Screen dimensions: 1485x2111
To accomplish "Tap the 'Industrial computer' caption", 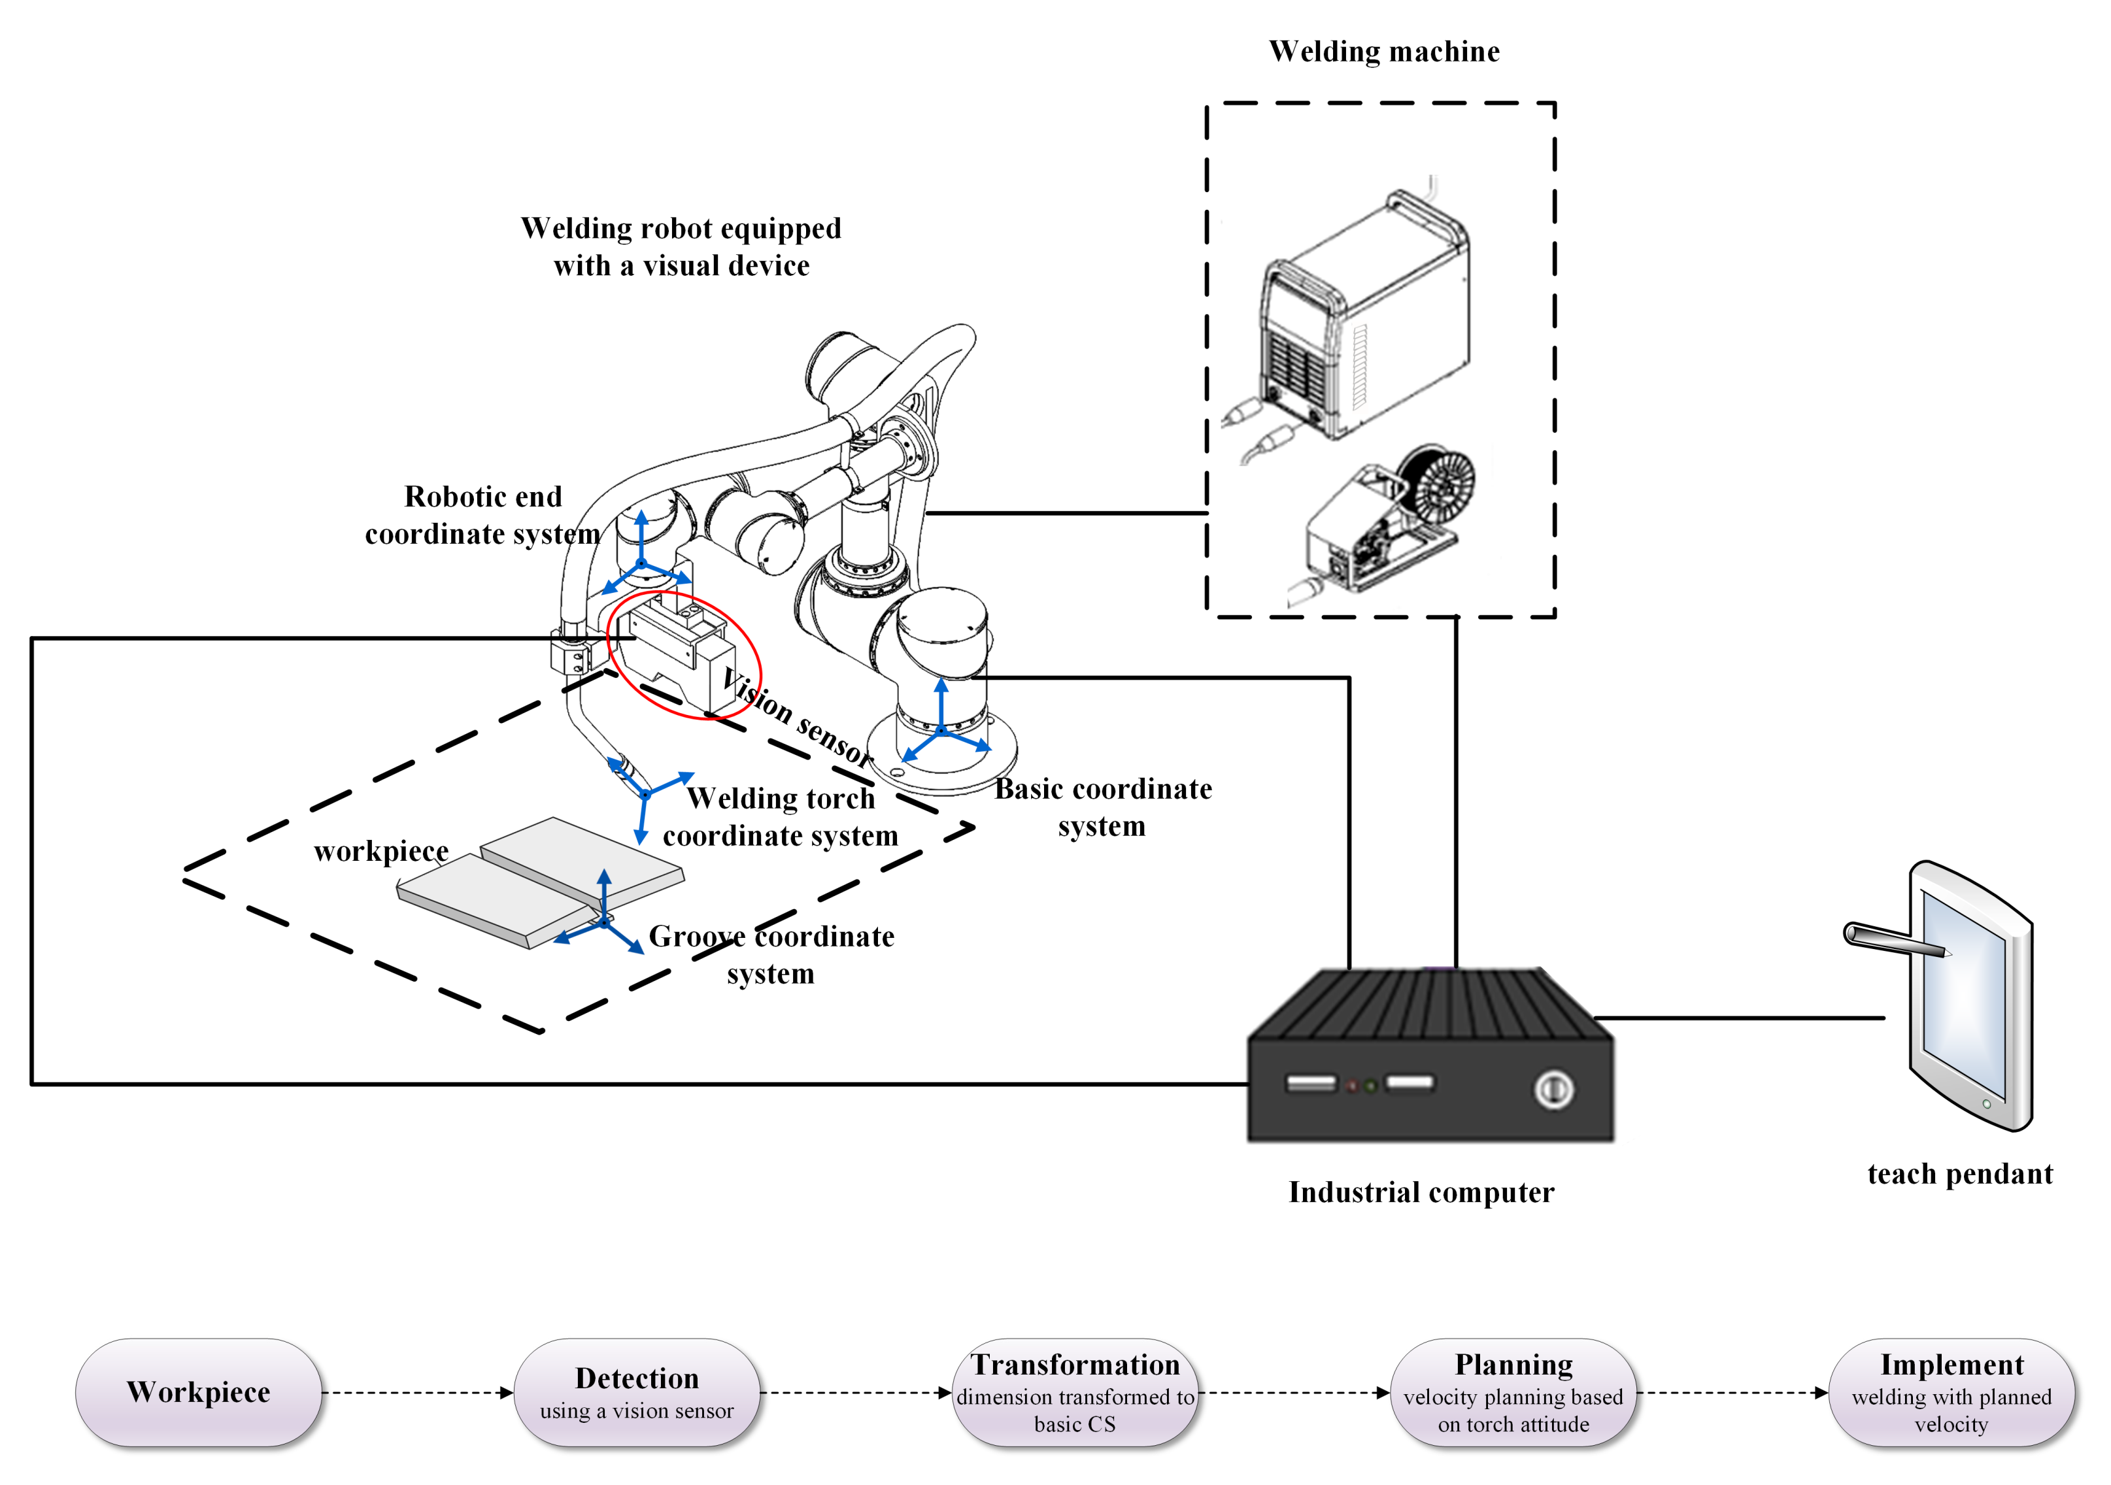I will click(x=1421, y=1192).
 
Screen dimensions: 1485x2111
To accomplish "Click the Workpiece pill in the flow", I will click(x=199, y=1392).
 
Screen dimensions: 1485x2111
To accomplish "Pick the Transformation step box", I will click(x=1075, y=1392).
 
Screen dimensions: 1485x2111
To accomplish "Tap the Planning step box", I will click(x=1513, y=1392).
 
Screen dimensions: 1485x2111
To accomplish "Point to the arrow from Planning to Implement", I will click(x=1732, y=1393).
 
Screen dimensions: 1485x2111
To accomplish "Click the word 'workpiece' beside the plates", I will click(x=380, y=851).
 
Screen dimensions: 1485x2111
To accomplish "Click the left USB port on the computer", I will click(x=1310, y=1084).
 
